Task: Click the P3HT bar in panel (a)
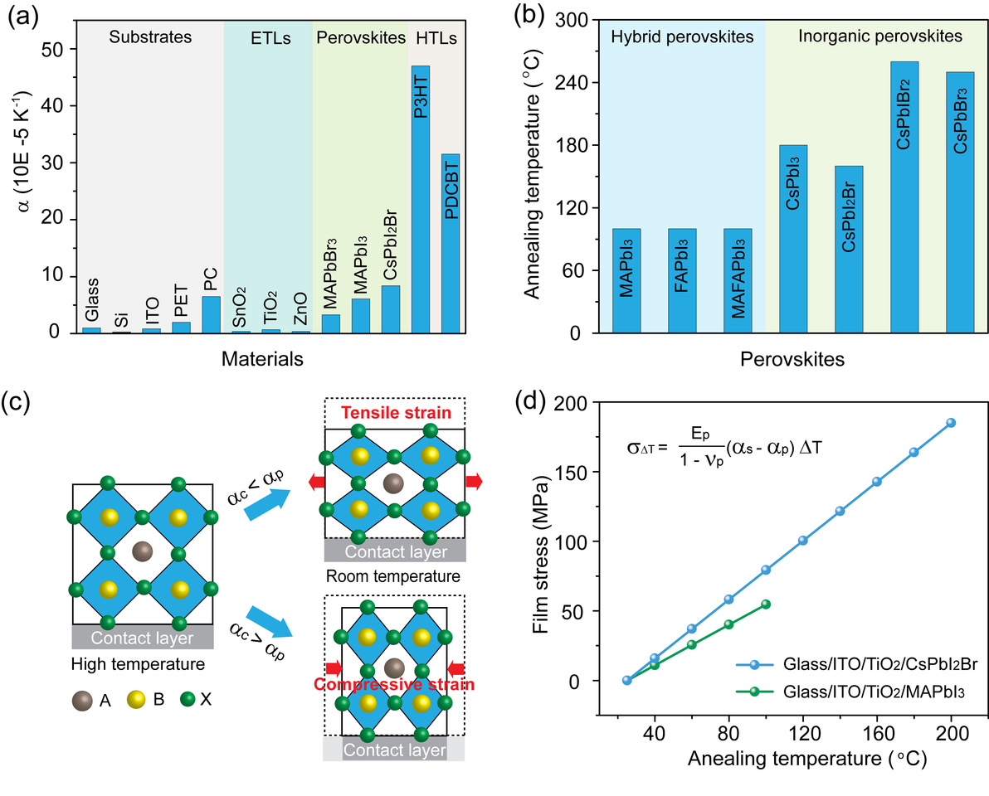tap(421, 199)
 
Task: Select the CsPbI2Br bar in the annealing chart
tap(849, 249)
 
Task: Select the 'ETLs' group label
tap(268, 37)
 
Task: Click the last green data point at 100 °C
tap(766, 604)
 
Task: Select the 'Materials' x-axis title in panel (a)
tap(261, 359)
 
